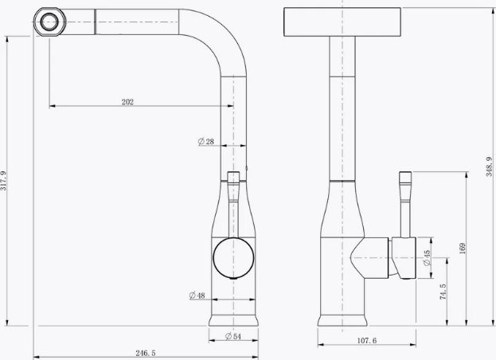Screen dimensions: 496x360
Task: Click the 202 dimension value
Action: [128, 102]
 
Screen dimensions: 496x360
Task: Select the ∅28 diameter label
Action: [206, 142]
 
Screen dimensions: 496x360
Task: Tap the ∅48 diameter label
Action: [197, 295]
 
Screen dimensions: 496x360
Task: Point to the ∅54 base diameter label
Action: [233, 336]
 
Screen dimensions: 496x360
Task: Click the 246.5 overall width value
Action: [146, 353]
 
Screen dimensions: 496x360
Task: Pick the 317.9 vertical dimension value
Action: [3, 180]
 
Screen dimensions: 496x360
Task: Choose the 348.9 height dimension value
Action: [490, 166]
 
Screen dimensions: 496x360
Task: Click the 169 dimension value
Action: [462, 248]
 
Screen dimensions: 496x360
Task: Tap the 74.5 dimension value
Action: [443, 292]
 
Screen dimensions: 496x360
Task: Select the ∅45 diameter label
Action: [427, 258]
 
